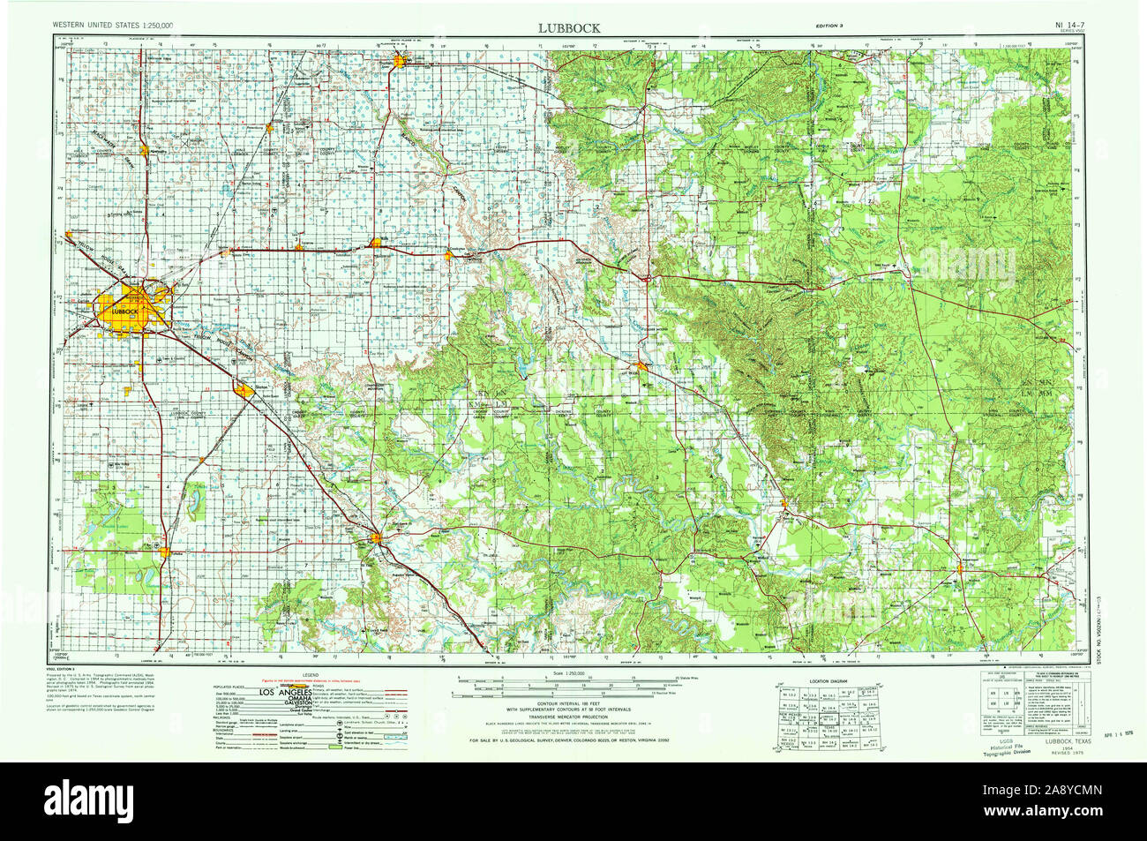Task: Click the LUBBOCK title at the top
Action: pyautogui.click(x=570, y=27)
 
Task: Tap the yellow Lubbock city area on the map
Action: pyautogui.click(x=132, y=313)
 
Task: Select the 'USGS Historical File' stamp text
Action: pyautogui.click(x=1007, y=747)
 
